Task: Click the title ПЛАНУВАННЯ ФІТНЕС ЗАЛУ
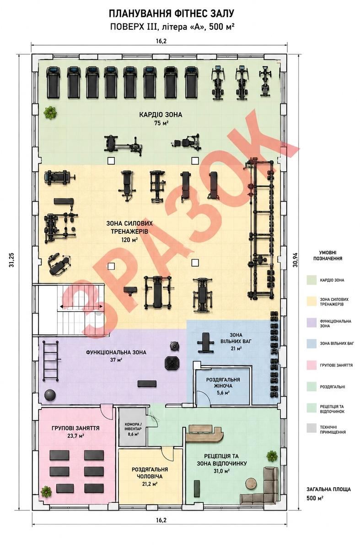[x=171, y=14]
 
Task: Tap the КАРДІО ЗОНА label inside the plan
[x=161, y=115]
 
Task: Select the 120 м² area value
[x=129, y=239]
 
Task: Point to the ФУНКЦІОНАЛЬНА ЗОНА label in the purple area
[x=116, y=352]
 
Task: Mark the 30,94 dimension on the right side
[x=296, y=260]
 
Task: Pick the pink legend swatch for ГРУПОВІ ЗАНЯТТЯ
[x=311, y=365]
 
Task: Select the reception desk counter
[x=204, y=433]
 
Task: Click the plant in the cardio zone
[x=50, y=113]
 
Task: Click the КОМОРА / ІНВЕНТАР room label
[x=133, y=427]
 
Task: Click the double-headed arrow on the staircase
[x=81, y=307]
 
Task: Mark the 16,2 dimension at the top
[x=161, y=41]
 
